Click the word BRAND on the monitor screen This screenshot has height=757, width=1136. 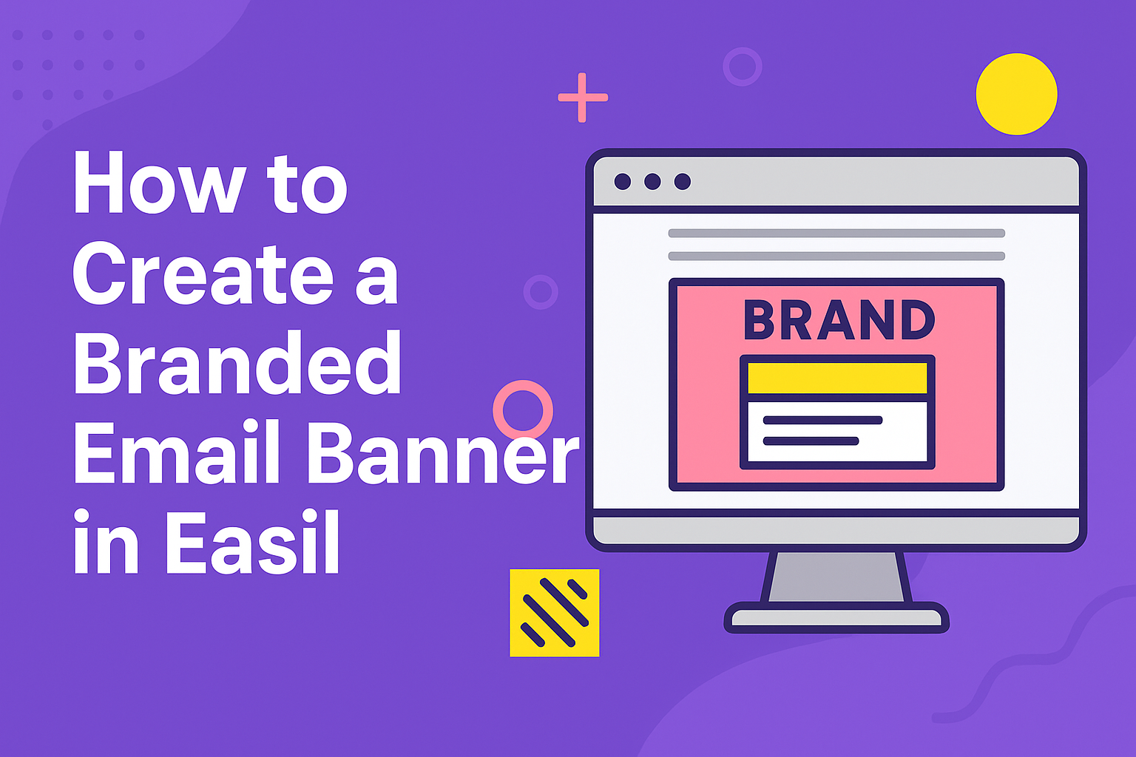[839, 319]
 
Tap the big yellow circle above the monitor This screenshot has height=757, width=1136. [1017, 94]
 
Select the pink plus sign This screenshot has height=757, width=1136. [583, 98]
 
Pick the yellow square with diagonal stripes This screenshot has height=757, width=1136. [554, 613]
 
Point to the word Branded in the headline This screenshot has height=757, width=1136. [237, 361]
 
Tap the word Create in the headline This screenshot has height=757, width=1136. [203, 273]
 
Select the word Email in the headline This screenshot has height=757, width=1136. [177, 451]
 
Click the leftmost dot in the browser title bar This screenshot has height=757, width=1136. [623, 182]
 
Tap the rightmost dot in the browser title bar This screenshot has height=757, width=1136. [683, 182]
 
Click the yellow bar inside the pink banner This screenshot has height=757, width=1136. [838, 378]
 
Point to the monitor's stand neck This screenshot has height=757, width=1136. [836, 577]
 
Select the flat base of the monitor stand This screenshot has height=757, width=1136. [836, 617]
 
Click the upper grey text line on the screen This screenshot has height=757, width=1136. [836, 233]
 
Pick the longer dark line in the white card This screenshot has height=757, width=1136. [822, 420]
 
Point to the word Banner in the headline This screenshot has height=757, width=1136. [444, 451]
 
